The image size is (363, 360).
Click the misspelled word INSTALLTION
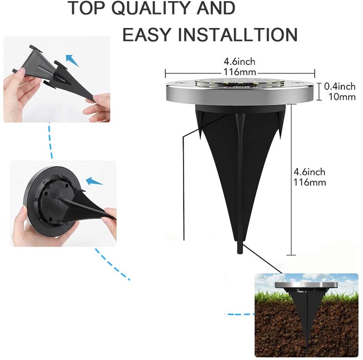point(237,35)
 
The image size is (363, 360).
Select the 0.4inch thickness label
point(339,86)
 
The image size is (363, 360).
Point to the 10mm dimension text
point(342,97)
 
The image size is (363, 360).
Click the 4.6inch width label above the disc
point(239,62)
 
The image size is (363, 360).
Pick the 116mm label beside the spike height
point(310,183)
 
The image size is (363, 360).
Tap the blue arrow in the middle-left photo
point(94,181)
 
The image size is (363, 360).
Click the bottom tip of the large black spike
point(239,254)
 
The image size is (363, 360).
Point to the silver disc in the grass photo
point(306,285)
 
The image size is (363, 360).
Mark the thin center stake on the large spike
point(239,180)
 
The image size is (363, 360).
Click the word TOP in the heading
point(87,8)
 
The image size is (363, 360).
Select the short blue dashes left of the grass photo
point(240,314)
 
